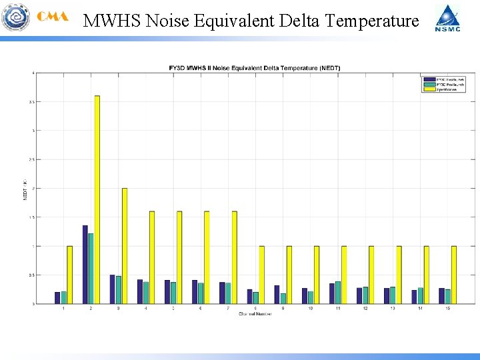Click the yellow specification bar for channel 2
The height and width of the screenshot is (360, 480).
[x=97, y=200]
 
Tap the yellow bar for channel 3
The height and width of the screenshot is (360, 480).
[x=125, y=246]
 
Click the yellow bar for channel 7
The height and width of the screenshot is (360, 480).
[x=235, y=257]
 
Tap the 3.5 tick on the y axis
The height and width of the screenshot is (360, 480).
[x=31, y=102]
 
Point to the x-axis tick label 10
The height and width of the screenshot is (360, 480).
[x=311, y=309]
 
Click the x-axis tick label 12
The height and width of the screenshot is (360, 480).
[x=365, y=309]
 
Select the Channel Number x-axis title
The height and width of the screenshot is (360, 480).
[x=255, y=314]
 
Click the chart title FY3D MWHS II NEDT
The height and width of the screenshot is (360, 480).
[x=253, y=68]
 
